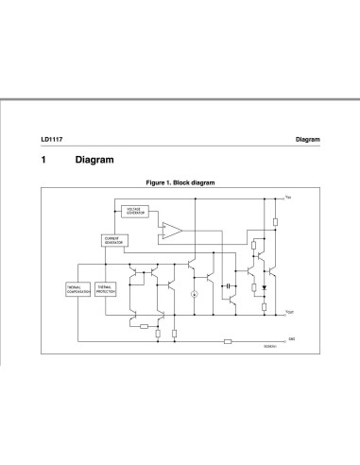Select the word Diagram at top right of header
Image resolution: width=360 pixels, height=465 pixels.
(307, 139)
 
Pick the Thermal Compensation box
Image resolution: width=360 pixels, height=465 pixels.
(78, 289)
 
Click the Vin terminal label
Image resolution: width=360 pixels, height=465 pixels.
(287, 198)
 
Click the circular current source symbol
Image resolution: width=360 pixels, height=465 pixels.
(194, 295)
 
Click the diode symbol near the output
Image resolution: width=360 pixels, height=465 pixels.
(263, 284)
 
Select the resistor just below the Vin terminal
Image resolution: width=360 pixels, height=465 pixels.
(274, 223)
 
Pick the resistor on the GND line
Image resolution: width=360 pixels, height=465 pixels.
(227, 341)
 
